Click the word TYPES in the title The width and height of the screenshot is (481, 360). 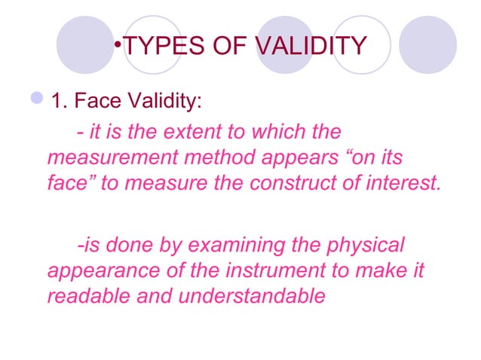tap(157, 46)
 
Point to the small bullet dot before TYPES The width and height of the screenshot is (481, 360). tap(118, 41)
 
